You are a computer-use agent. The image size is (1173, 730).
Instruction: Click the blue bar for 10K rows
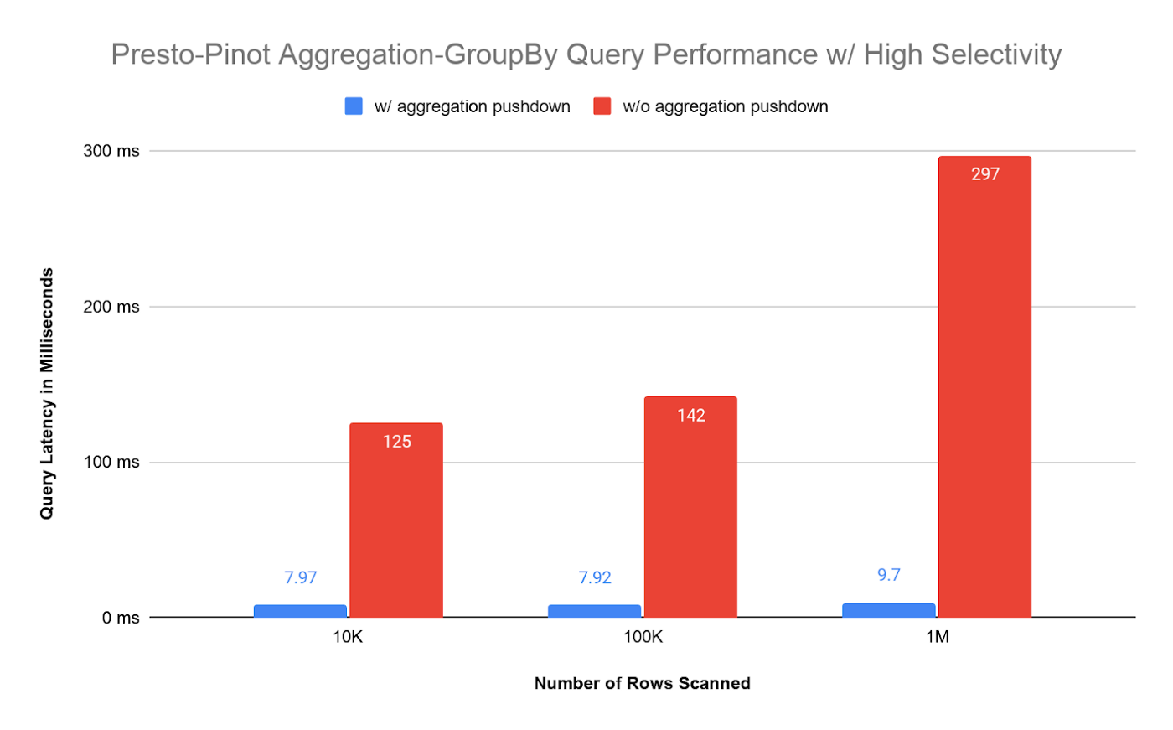(300, 611)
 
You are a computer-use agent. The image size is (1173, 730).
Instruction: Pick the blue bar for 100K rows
(594, 611)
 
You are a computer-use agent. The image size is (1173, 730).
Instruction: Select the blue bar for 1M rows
(888, 610)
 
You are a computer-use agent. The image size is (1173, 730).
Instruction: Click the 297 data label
(985, 174)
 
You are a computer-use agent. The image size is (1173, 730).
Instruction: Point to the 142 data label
(691, 416)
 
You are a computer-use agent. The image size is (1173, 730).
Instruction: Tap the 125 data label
(397, 442)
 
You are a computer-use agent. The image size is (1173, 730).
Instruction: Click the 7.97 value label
(300, 577)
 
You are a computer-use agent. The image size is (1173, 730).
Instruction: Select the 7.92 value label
(595, 577)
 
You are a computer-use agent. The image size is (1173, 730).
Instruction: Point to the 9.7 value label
(889, 575)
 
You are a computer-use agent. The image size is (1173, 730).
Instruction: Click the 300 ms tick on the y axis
(111, 152)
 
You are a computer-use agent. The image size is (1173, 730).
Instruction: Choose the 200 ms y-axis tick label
(111, 307)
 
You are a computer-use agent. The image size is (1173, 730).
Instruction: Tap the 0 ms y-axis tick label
(121, 619)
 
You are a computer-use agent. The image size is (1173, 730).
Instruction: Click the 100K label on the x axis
(643, 637)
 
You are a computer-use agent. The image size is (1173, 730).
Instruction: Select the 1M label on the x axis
(937, 637)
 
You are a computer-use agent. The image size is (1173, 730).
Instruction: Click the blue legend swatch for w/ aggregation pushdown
(354, 106)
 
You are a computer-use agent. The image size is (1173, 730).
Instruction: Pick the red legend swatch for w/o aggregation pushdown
(602, 106)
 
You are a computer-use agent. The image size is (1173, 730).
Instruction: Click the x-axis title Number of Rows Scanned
(642, 683)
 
